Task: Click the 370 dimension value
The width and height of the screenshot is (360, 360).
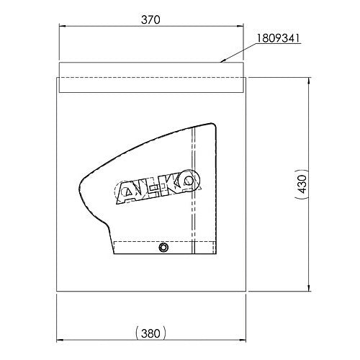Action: point(150,19)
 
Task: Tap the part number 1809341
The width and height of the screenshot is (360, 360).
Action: point(279,38)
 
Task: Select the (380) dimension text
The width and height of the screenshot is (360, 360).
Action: point(150,333)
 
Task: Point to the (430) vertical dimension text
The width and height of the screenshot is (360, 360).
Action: point(302,184)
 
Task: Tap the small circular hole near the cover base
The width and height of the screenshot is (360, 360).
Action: point(163,247)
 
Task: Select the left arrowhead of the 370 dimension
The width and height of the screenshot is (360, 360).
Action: point(63,26)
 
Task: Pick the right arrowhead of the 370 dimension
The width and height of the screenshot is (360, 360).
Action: point(240,26)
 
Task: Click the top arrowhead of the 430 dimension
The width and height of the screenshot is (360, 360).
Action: point(309,81)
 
